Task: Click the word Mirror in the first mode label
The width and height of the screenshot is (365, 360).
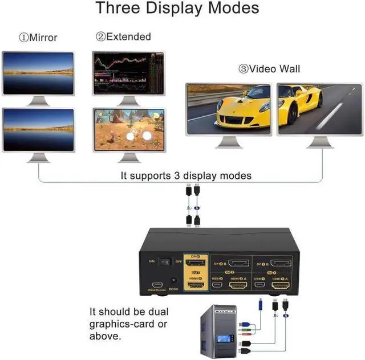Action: pyautogui.click(x=43, y=38)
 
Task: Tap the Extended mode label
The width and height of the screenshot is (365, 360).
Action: pyautogui.click(x=128, y=37)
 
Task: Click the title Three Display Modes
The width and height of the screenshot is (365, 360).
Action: pyautogui.click(x=177, y=9)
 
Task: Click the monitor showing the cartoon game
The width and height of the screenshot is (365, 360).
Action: pyautogui.click(x=129, y=130)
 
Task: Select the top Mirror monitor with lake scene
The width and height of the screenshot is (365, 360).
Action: pyautogui.click(x=38, y=73)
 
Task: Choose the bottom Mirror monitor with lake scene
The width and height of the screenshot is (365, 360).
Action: pyautogui.click(x=38, y=130)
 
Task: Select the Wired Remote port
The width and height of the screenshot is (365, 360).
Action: pyautogui.click(x=156, y=283)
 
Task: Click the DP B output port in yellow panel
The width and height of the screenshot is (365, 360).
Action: pyautogui.click(x=196, y=263)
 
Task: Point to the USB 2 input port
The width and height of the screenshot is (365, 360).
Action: pyautogui.click(x=217, y=283)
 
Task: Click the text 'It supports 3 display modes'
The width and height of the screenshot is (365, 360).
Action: pyautogui.click(x=186, y=175)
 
